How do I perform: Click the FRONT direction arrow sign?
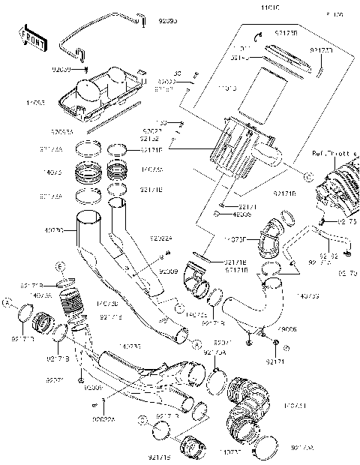pyautogui.click(x=33, y=39)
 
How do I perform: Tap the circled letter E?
pyautogui.click(x=61, y=266)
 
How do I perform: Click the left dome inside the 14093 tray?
pyautogui.click(x=88, y=90)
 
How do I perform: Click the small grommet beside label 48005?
pyautogui.click(x=217, y=214)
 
